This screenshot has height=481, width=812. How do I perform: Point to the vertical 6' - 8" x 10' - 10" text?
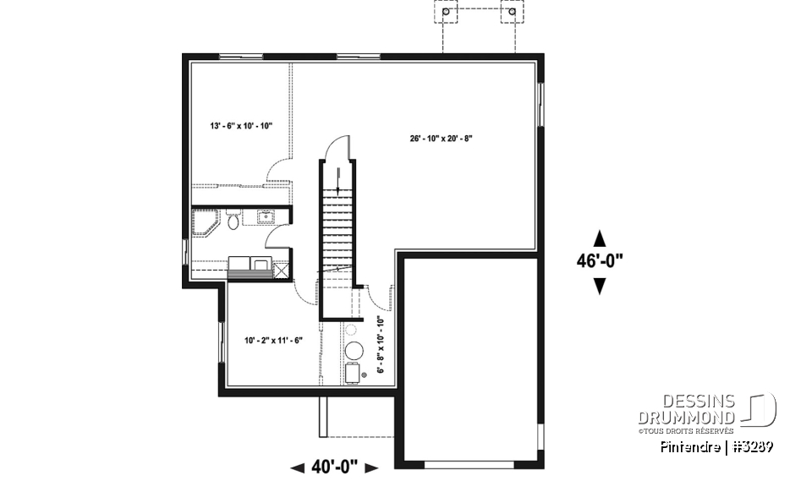[x=380, y=345]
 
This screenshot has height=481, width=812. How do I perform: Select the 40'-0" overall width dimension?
[x=335, y=466]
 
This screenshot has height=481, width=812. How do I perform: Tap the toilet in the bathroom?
[x=233, y=220]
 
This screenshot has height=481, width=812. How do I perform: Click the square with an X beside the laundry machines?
[x=281, y=270]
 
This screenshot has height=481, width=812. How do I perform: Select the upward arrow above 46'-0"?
[x=600, y=237]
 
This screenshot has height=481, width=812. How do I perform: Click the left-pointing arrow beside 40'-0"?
[x=298, y=467]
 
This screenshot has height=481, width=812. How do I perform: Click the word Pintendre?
[x=693, y=446]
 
